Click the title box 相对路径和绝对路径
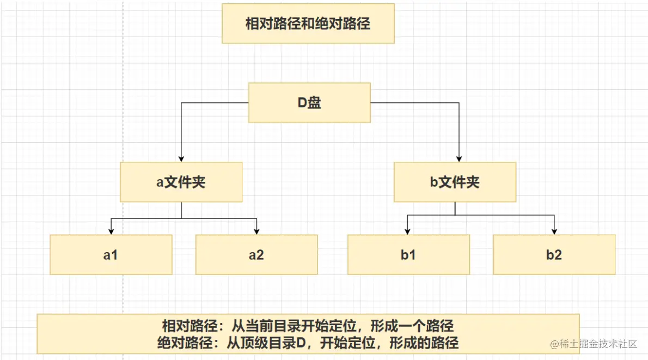308,24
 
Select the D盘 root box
309,102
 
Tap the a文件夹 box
181,182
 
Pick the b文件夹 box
455,182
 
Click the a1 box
111,254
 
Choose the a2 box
256,254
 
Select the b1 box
408,254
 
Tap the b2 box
554,254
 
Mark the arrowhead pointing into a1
111,231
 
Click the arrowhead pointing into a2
256,231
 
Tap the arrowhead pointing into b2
554,231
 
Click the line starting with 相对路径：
308,326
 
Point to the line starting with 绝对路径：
308,343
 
